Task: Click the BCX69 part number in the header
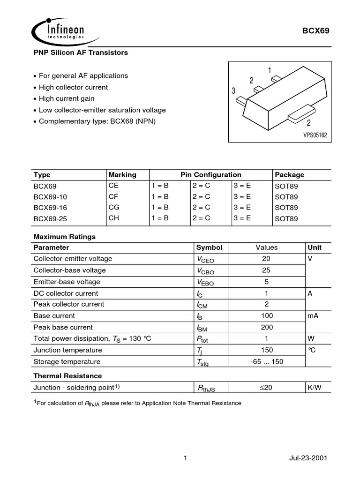pyautogui.click(x=319, y=31)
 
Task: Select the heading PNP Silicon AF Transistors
pyautogui.click(x=81, y=53)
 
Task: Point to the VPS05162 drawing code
pyautogui.click(x=315, y=135)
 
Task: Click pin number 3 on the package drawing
pyautogui.click(x=233, y=91)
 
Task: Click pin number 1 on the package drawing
pyautogui.click(x=270, y=70)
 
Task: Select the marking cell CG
pyautogui.click(x=113, y=207)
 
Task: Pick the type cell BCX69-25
pyautogui.click(x=48, y=218)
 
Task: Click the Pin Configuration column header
pyautogui.click(x=211, y=175)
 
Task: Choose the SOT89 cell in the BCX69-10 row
pyautogui.click(x=286, y=196)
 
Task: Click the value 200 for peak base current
pyautogui.click(x=267, y=327)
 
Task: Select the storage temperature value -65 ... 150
pyautogui.click(x=267, y=362)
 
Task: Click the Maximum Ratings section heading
pyautogui.click(x=65, y=237)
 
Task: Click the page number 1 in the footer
pyautogui.click(x=186, y=458)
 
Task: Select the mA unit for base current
pyautogui.click(x=313, y=316)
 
